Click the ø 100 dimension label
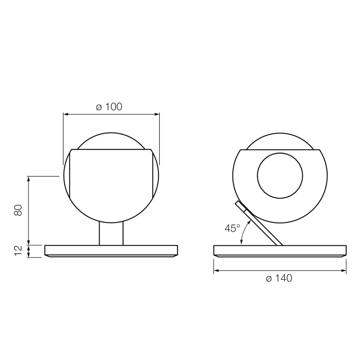point(109,107)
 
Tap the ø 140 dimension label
point(279,278)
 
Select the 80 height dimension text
point(18,210)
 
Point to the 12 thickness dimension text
point(18,251)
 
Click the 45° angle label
point(232,228)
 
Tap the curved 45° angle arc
point(244,231)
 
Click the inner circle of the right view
point(280,176)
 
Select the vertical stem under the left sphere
point(111,234)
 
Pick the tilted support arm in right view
point(259,223)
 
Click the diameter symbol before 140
point(269,279)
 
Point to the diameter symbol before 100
point(99,107)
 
